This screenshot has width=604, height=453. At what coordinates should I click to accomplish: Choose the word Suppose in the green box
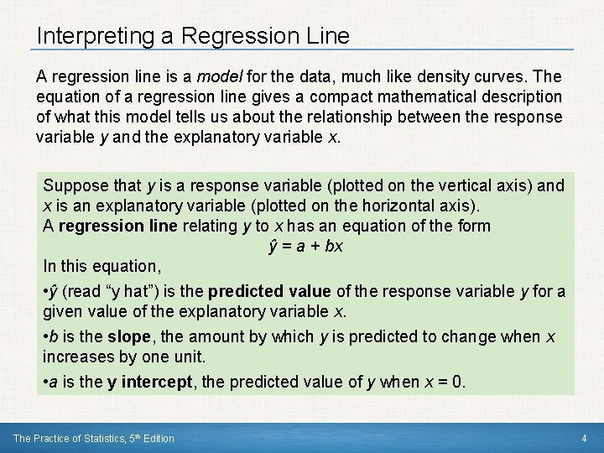pos(74,185)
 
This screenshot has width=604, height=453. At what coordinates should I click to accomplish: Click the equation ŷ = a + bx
pos(305,246)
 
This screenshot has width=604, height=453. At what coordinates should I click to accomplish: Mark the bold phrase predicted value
pos(269,292)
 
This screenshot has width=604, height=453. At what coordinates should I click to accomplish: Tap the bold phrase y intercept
pos(148,382)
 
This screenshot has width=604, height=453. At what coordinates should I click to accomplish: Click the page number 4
pos(583,438)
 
